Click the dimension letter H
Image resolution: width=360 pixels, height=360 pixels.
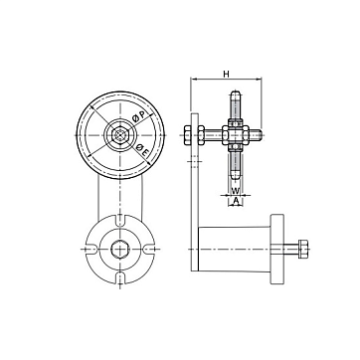pos(226,74)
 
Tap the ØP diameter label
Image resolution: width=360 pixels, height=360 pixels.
pos(138,116)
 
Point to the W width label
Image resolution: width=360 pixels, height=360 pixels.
pos(235,191)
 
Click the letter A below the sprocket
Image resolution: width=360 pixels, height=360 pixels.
pos(236,200)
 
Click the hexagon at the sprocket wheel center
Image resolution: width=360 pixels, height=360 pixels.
pos(120,135)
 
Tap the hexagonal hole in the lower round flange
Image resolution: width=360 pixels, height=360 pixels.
pos(119,249)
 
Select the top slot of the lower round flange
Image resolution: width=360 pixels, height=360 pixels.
pos(120,220)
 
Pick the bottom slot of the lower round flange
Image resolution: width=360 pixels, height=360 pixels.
pos(120,277)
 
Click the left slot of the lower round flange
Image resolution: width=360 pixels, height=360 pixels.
pos(90,249)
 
